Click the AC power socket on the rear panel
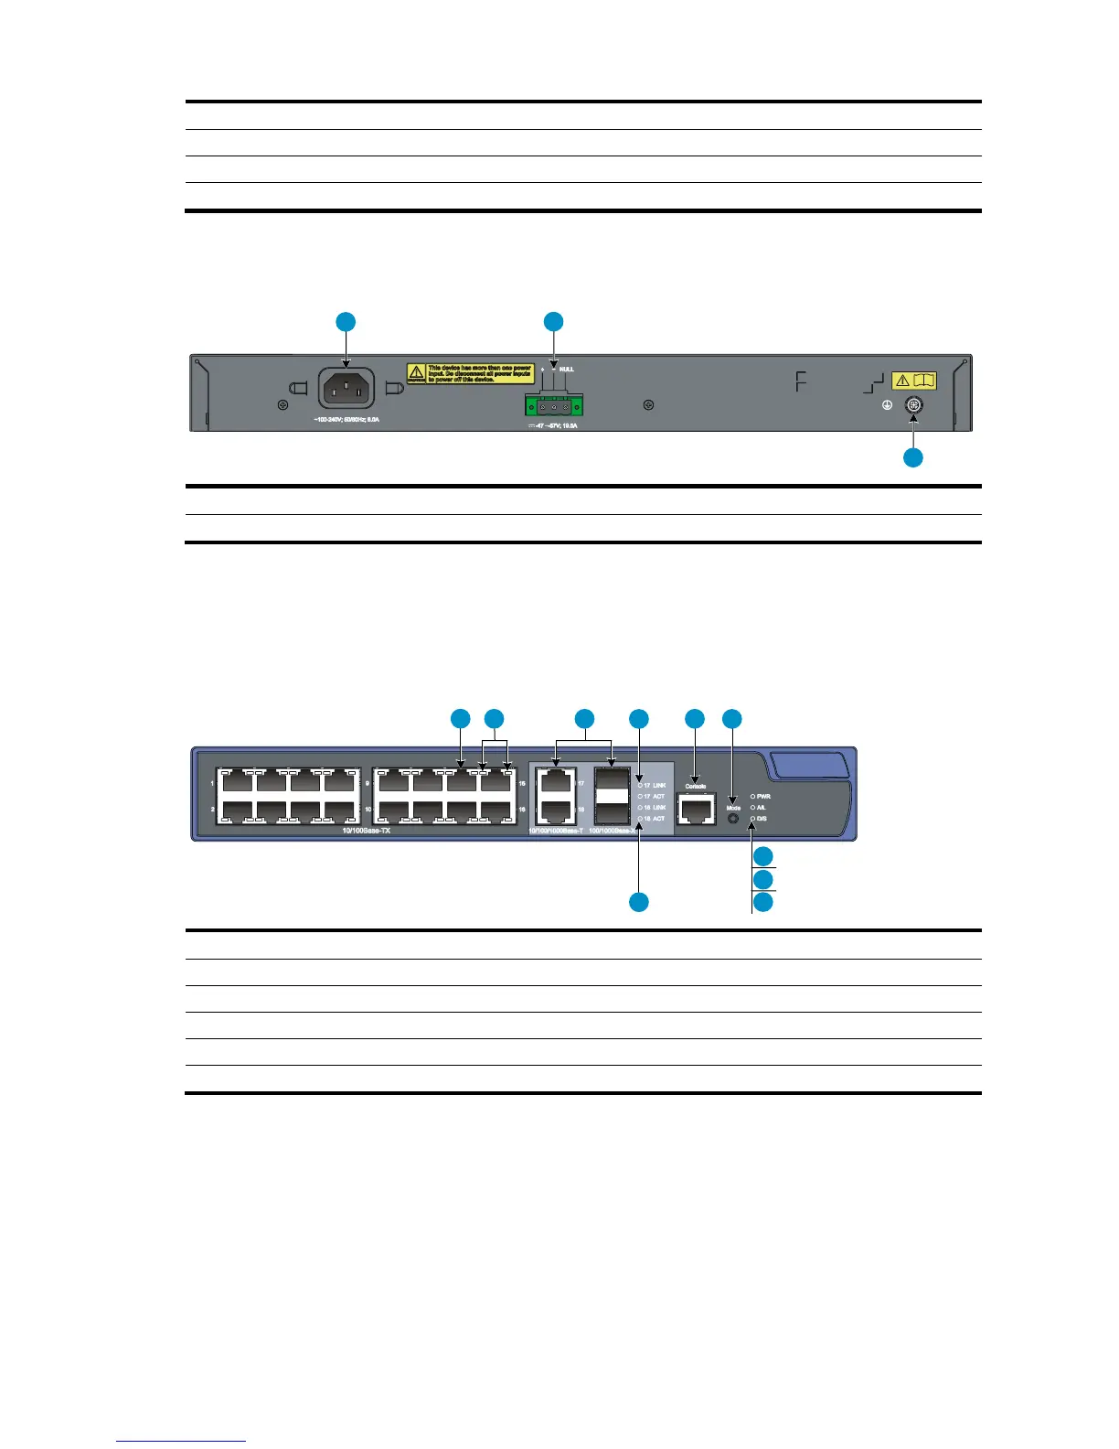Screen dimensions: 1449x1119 (x=346, y=389)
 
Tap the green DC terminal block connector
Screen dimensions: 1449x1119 (x=553, y=406)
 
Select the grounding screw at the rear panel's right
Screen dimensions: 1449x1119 (x=912, y=406)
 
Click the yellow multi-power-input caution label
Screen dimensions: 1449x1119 (x=470, y=373)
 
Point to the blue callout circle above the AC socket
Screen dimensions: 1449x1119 (x=346, y=322)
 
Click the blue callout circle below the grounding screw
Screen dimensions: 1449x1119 (x=912, y=457)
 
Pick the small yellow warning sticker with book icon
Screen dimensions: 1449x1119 (x=914, y=381)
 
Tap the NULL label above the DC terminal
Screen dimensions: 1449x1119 (x=567, y=370)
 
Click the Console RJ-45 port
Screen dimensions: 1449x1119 (x=696, y=809)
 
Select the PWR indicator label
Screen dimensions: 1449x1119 (x=763, y=797)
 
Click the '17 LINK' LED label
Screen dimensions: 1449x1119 (x=655, y=786)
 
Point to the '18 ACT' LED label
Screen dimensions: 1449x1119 (x=655, y=819)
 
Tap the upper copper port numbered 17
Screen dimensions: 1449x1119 (x=554, y=783)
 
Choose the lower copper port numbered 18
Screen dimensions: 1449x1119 (x=554, y=810)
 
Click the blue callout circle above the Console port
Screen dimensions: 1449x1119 (x=695, y=719)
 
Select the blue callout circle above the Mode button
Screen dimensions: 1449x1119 (x=733, y=719)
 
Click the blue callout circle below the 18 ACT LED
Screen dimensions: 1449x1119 (x=639, y=902)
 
